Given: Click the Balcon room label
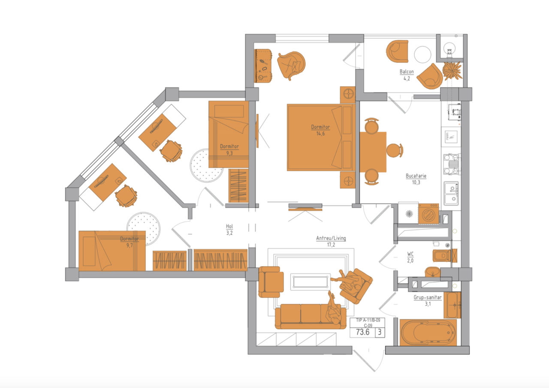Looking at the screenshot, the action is click(x=407, y=72).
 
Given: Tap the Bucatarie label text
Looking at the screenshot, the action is click(x=416, y=176).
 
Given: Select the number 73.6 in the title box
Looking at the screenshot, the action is click(x=362, y=332).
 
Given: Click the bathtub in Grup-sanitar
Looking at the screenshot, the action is click(x=428, y=332).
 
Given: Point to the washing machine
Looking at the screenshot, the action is click(x=428, y=214).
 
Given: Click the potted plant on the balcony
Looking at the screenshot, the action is click(x=452, y=71).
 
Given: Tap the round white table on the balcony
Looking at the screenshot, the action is click(x=422, y=55).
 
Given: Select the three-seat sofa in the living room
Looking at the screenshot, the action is click(x=311, y=316).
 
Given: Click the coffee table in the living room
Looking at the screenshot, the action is click(x=311, y=282).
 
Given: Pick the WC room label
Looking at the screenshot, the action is click(x=410, y=254).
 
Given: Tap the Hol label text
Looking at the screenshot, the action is click(x=229, y=226).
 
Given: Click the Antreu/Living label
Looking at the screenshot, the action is click(x=331, y=238).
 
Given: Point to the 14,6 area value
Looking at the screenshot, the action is click(x=320, y=133).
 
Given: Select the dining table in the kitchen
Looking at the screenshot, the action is click(x=373, y=152).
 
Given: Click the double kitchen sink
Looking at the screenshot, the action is click(x=451, y=193).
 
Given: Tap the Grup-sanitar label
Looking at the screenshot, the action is click(x=428, y=297).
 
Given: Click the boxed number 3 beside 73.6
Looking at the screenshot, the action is click(x=380, y=332).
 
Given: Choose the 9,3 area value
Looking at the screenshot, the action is click(x=229, y=153).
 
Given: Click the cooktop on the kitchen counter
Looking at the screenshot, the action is click(x=452, y=164).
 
